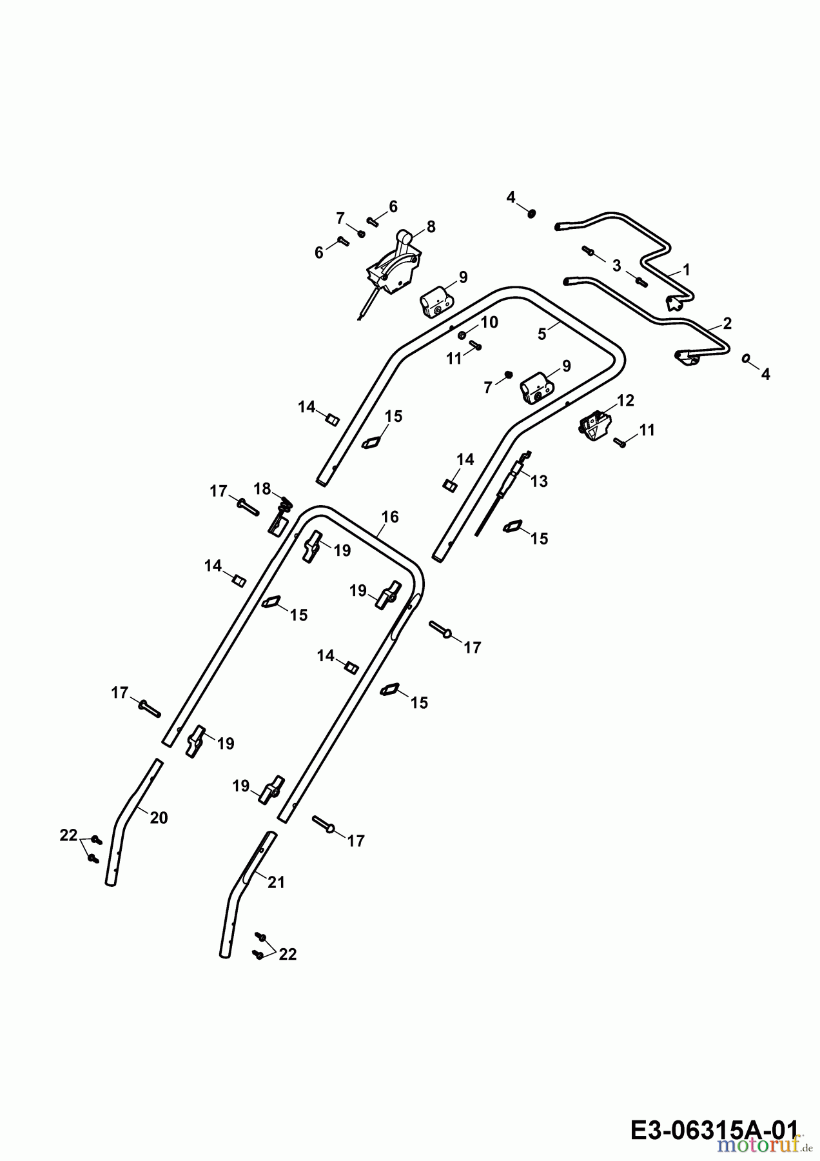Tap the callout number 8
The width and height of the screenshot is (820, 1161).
[431, 226]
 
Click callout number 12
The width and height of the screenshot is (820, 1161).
[625, 401]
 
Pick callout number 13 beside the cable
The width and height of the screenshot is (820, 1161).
[539, 481]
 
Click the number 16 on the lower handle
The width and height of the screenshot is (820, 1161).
[390, 517]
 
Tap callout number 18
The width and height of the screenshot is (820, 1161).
[262, 488]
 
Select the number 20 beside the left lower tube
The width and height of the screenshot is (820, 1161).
[159, 818]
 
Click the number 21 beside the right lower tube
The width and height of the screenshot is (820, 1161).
[276, 882]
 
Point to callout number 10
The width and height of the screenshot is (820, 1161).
[490, 322]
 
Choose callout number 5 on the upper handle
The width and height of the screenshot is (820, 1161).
[542, 333]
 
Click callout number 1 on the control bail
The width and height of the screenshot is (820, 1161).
[686, 269]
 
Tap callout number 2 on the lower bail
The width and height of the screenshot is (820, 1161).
[727, 323]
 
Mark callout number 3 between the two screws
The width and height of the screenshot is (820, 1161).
[616, 265]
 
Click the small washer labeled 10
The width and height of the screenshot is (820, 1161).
[462, 335]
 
